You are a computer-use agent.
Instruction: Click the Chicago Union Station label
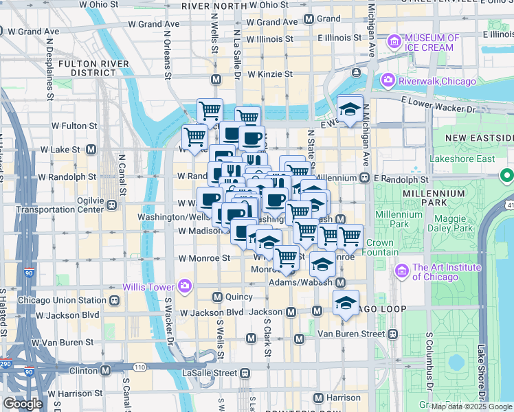(x=63, y=300)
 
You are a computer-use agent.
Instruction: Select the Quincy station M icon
(x=217, y=297)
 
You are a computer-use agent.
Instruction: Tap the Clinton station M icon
(x=106, y=370)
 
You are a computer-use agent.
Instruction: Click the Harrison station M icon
(x=318, y=398)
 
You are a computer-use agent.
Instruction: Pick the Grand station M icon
(x=309, y=19)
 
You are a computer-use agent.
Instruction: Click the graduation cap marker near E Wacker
(x=350, y=109)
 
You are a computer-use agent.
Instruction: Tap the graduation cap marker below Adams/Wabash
(x=346, y=302)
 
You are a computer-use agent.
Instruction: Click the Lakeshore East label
(x=462, y=159)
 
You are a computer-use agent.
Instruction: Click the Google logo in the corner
(x=23, y=404)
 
